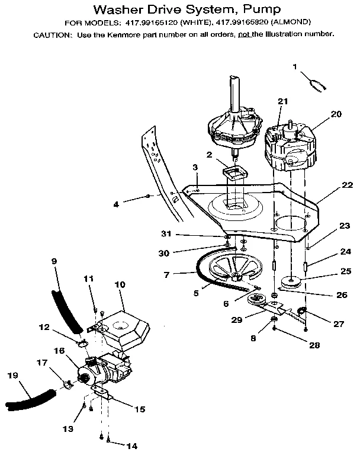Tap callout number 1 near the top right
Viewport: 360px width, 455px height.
coord(295,67)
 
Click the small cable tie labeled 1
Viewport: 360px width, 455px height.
coord(319,84)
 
